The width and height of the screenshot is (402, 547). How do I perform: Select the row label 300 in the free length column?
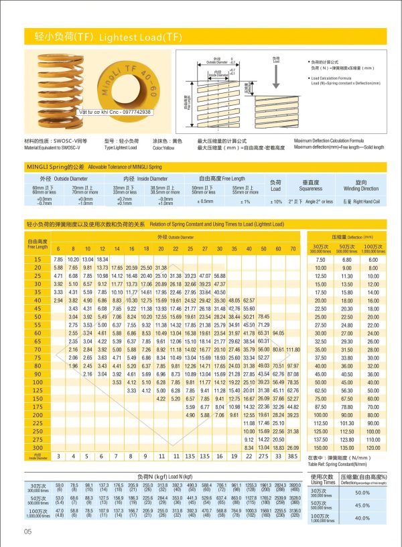pos(38,447)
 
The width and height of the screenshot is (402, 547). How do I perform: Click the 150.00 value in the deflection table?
pos(320,447)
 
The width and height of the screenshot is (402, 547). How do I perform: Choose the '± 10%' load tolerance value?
pos(276,201)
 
